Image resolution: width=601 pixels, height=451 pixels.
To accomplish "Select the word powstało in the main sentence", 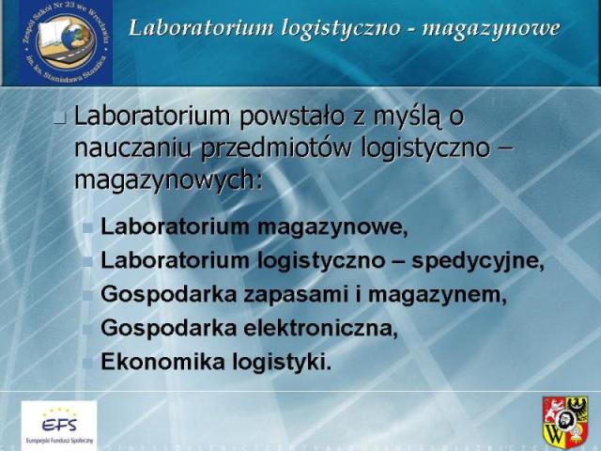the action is point(292,116).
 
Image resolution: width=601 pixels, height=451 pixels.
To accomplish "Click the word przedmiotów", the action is point(276,148).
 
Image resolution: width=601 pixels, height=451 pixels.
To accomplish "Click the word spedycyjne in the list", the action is point(478,261).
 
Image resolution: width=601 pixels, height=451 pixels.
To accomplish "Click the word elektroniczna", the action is point(320,328).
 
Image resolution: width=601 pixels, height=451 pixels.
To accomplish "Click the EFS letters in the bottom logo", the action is point(59,424).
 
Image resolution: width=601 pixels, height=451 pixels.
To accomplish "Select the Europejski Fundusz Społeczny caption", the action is point(59,441).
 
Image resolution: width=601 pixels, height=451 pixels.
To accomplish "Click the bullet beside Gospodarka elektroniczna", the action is point(87,329).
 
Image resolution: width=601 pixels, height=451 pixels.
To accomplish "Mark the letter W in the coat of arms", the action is point(554,433).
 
